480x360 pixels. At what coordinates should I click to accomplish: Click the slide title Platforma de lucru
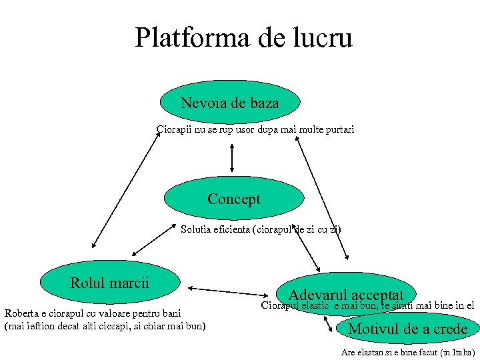tap(243, 38)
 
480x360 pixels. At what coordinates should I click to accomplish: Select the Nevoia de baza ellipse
tap(230, 103)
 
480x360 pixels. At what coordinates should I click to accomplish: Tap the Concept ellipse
tap(233, 199)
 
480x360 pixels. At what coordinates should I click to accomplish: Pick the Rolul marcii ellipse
tap(110, 283)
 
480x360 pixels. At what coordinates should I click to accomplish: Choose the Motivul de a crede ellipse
tap(408, 329)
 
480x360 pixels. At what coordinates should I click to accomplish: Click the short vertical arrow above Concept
tap(231, 158)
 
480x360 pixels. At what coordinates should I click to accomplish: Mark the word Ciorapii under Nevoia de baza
tap(173, 129)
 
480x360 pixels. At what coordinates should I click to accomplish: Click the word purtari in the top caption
tap(339, 129)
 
